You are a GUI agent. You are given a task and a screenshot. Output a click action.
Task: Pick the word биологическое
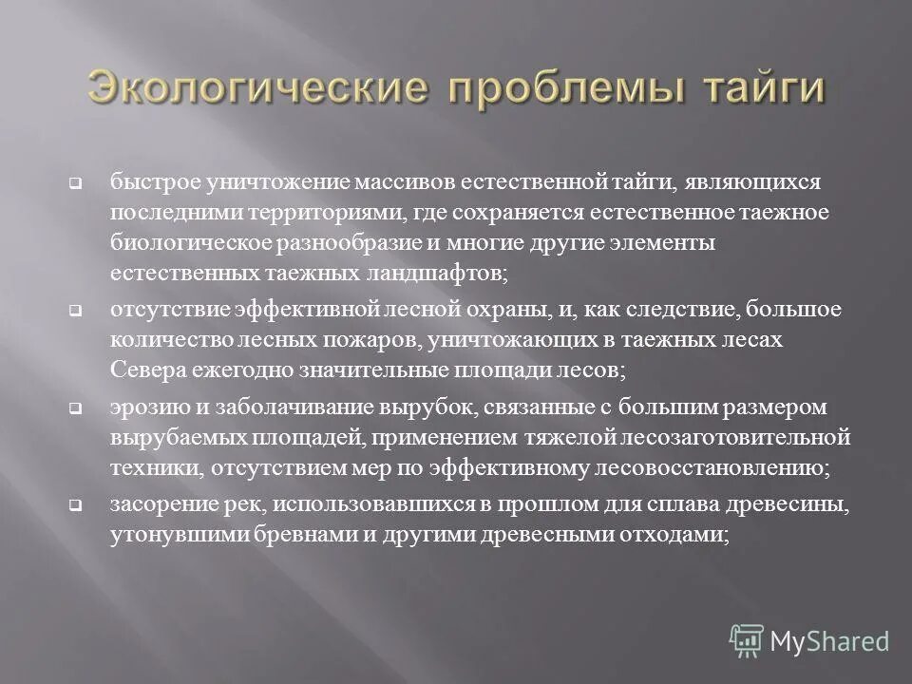(x=191, y=242)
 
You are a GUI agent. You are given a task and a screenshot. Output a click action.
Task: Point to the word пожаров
(x=368, y=341)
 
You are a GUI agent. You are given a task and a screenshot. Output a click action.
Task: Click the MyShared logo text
(x=828, y=640)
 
